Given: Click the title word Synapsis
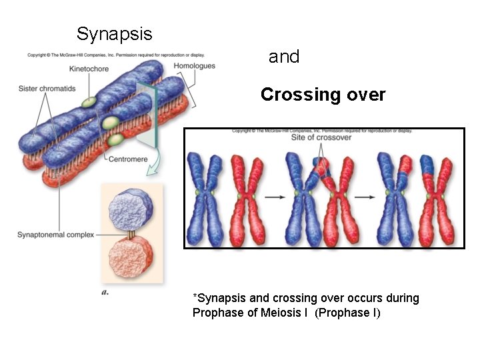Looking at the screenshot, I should pos(114,34).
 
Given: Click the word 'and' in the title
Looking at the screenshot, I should pos(284,57).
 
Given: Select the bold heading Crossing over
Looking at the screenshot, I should pos(323,95).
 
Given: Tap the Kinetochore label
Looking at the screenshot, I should pos(89,68).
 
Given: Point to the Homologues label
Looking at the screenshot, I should pos(194,65).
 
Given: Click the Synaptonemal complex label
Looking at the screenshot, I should pos(55,235).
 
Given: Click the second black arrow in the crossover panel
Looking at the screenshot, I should pos(363,197).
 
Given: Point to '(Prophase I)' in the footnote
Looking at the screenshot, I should pos(347,312).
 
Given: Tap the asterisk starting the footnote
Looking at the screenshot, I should pos(194,297).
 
